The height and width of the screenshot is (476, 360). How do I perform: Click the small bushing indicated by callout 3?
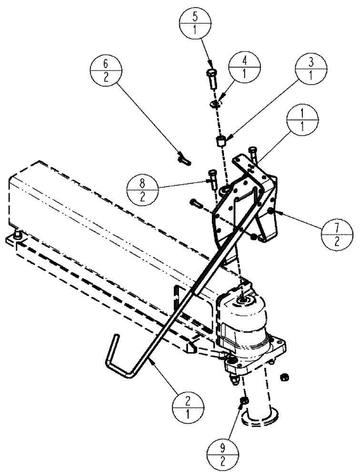click(x=221, y=141)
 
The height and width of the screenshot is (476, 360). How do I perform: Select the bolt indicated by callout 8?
click(x=212, y=177)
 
